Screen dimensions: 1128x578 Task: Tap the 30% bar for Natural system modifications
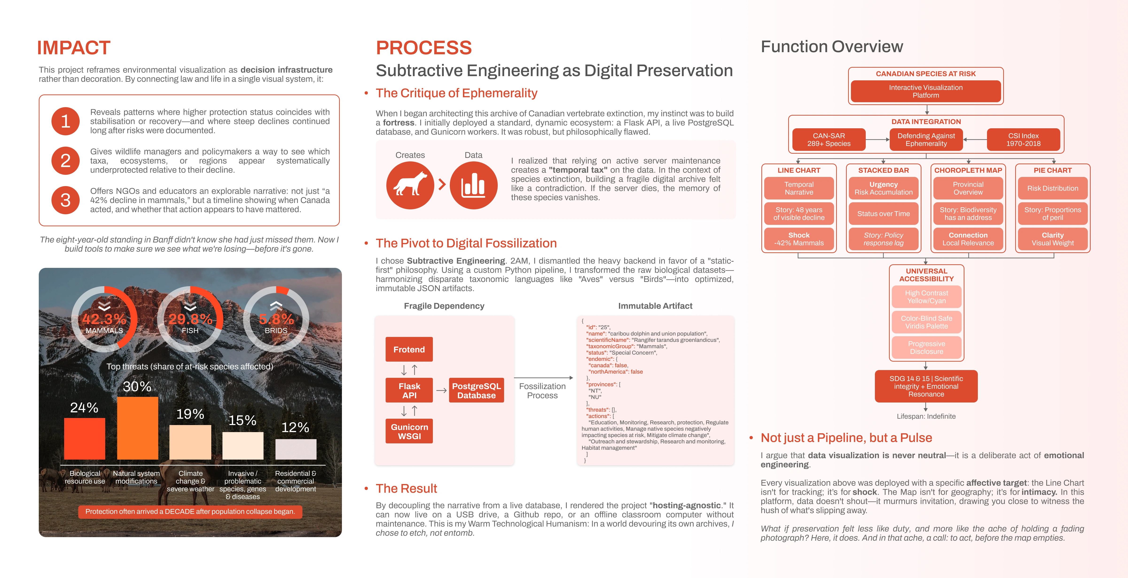[x=137, y=428]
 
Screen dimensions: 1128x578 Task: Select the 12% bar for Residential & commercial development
[x=296, y=449]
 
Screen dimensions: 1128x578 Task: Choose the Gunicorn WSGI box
[x=409, y=431]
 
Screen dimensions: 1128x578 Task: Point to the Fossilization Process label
[x=542, y=391]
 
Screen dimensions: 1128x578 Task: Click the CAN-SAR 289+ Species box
[x=829, y=140]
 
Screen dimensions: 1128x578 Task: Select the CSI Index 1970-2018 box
[x=1023, y=140]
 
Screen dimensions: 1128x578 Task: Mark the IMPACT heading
[x=74, y=48]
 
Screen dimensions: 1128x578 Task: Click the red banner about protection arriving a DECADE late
[x=190, y=512]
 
